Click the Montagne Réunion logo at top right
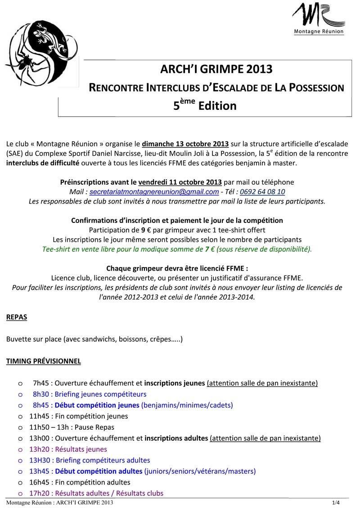tap(319, 19)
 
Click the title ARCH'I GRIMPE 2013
tap(216, 69)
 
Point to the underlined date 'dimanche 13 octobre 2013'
tap(185, 144)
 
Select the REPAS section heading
tap(17, 317)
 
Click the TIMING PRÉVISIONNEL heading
tap(44, 361)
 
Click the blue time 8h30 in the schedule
tap(40, 394)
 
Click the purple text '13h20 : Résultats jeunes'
tap(68, 449)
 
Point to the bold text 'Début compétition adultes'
tap(99, 472)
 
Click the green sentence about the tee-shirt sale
tap(176, 249)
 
